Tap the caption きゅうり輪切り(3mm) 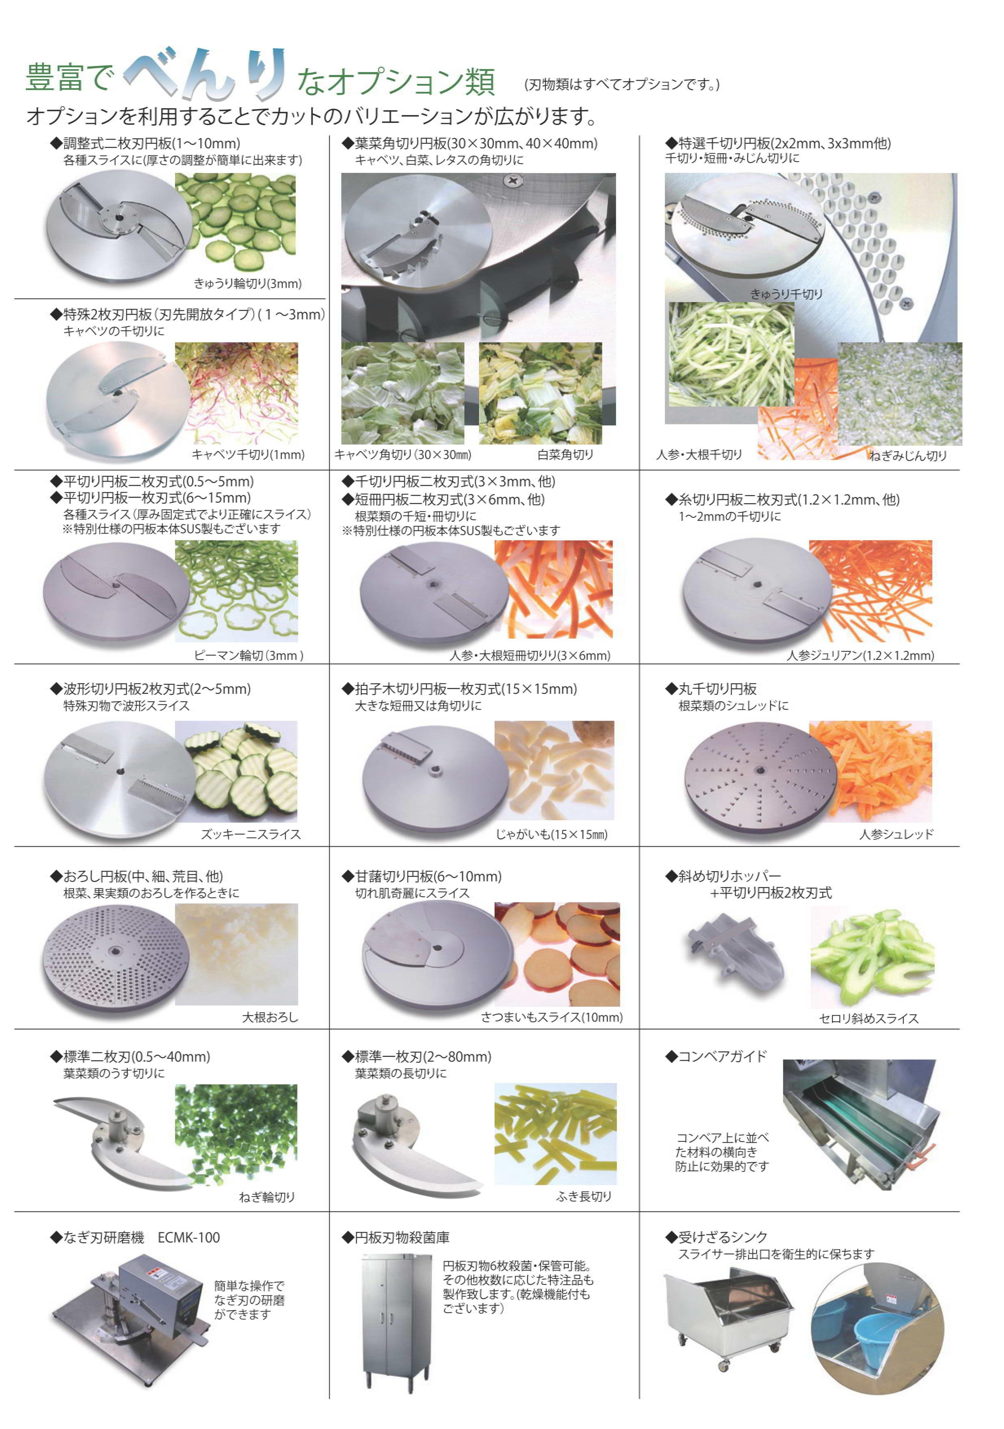pos(247,284)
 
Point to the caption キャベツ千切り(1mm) pos(248,455)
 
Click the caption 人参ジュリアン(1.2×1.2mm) pos(860,655)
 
